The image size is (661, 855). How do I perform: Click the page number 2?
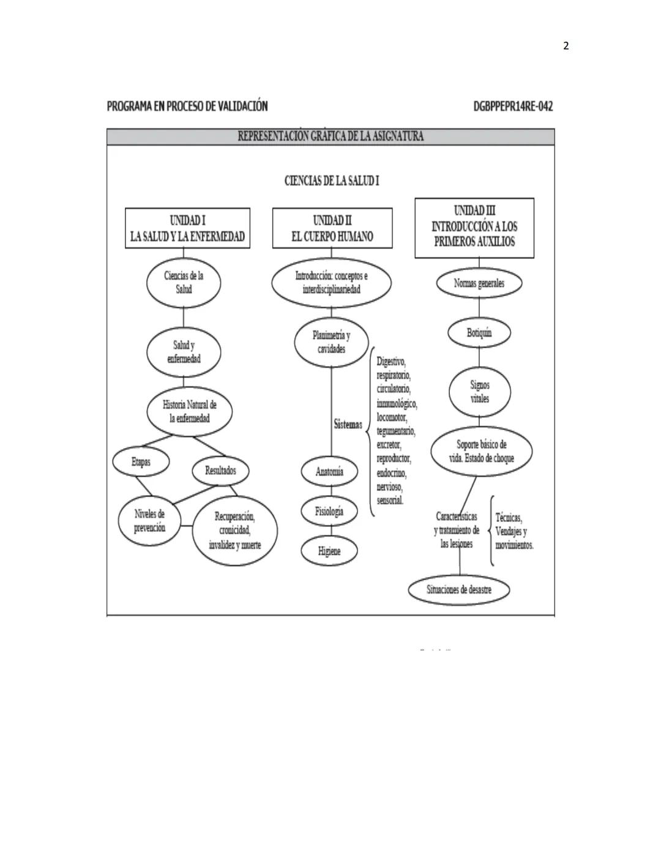point(566,46)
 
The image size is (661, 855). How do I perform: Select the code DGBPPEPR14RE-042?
point(513,106)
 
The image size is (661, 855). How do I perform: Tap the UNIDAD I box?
point(187,228)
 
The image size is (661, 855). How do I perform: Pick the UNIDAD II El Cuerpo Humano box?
point(332,228)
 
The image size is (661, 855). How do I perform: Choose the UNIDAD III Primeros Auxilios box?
point(474,228)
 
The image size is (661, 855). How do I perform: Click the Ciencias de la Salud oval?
point(184,283)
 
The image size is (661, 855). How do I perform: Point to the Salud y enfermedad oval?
point(184,352)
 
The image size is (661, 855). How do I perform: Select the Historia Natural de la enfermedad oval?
point(189,412)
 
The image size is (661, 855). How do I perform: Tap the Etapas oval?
point(141,462)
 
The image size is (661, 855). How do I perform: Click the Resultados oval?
point(220,471)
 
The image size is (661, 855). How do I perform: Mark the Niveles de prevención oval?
point(149,521)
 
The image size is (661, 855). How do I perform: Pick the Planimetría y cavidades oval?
point(331,342)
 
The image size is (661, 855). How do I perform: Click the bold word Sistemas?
point(348,424)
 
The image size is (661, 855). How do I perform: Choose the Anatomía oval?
point(329,472)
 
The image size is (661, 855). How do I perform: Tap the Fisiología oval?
point(329,512)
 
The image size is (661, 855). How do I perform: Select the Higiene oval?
point(329,551)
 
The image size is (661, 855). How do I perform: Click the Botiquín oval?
point(479,333)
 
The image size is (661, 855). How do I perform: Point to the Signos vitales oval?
point(480,392)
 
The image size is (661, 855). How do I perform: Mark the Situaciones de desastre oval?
point(459,590)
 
